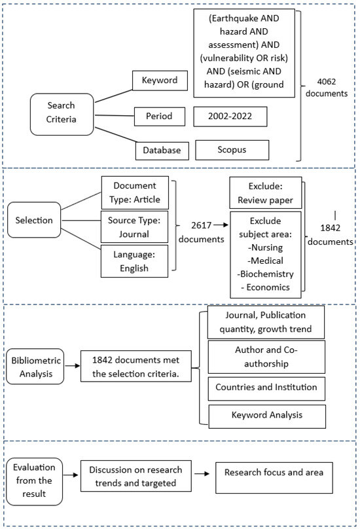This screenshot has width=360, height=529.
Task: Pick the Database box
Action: (162, 150)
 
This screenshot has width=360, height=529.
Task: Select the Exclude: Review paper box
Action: (265, 193)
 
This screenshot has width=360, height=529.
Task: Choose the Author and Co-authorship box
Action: (266, 357)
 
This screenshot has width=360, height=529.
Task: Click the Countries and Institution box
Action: (266, 388)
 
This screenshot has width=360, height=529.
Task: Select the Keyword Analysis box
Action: (266, 414)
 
